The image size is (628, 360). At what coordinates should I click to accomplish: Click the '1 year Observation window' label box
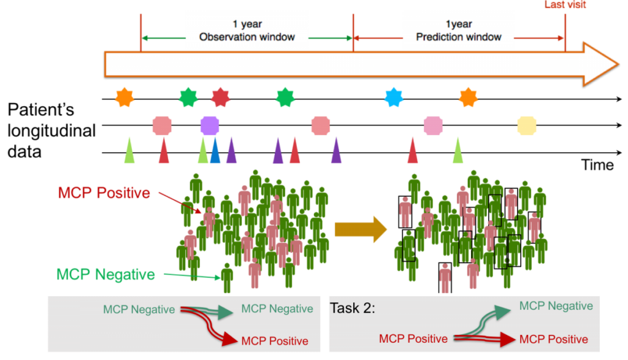pyautogui.click(x=247, y=30)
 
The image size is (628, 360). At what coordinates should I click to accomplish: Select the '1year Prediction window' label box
pyautogui.click(x=458, y=30)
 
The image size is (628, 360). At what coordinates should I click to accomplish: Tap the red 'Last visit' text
pyautogui.click(x=565, y=5)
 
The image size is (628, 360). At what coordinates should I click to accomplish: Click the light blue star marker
pyautogui.click(x=393, y=97)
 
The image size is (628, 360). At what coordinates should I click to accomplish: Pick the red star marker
pyautogui.click(x=220, y=97)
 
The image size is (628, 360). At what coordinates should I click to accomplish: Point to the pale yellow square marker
pyautogui.click(x=527, y=126)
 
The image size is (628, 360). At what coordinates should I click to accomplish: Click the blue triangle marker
pyautogui.click(x=215, y=151)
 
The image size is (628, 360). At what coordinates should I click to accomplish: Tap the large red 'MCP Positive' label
pyautogui.click(x=104, y=193)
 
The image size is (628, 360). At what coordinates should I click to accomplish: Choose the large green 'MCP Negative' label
pyautogui.click(x=105, y=274)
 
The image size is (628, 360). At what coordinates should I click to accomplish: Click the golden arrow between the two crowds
pyautogui.click(x=360, y=229)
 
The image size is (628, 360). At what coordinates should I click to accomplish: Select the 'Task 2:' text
pyautogui.click(x=353, y=308)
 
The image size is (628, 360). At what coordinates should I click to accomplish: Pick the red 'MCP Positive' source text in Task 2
pyautogui.click(x=413, y=339)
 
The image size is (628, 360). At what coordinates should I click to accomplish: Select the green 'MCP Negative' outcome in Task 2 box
pyautogui.click(x=556, y=306)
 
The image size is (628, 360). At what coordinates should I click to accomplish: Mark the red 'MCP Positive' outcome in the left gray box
pyautogui.click(x=275, y=341)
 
